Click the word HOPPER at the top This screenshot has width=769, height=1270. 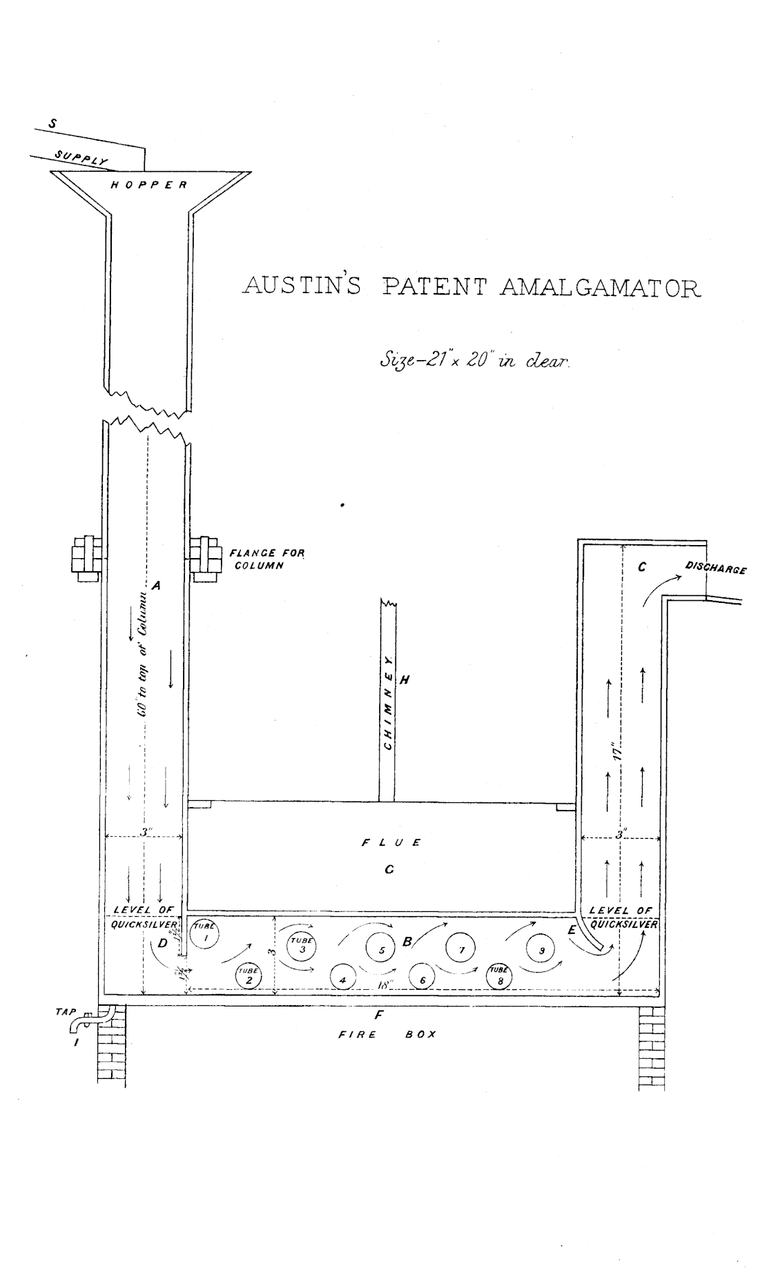click(x=149, y=185)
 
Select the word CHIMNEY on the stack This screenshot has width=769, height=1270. click(x=388, y=704)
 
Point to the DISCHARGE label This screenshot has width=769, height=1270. click(x=716, y=569)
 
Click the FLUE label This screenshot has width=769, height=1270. click(x=391, y=842)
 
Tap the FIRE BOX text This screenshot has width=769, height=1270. click(x=387, y=1035)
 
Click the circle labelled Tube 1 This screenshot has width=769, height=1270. click(x=204, y=935)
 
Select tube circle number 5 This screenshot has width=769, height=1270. click(x=380, y=950)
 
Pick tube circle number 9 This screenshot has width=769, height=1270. click(x=541, y=950)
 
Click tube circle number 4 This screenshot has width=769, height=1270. click(x=342, y=980)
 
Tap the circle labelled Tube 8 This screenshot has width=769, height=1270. click(x=500, y=975)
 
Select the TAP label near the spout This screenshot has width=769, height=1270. click(x=65, y=1012)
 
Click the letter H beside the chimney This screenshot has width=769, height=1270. click(x=405, y=680)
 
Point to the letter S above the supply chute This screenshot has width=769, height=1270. click(x=52, y=124)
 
